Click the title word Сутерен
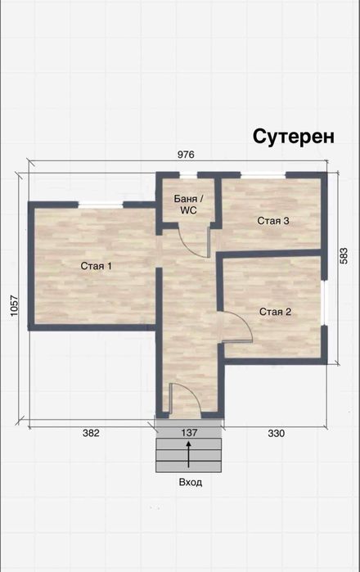coord(293,136)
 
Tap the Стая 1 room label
coord(96,266)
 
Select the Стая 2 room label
coord(276,312)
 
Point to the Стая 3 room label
coord(273,220)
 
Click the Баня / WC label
coord(190,205)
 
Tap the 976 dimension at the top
coord(187,155)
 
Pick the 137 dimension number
coord(189,433)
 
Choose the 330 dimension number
coord(276,433)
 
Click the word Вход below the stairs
coord(190,483)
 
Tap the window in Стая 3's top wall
coord(263,174)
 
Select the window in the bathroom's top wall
coord(189,174)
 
